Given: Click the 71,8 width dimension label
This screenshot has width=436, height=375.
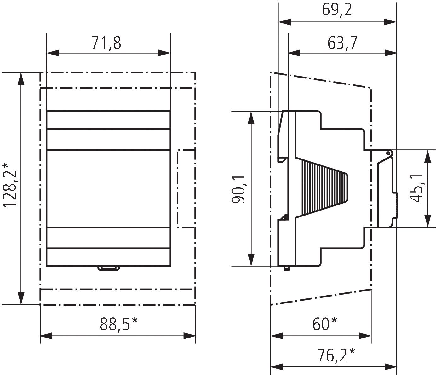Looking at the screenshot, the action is [106, 43].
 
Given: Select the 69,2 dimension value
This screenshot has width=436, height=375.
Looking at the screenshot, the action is [337, 10].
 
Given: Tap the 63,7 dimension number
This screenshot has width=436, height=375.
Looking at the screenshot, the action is [342, 43].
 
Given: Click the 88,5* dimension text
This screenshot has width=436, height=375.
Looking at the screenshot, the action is [119, 324].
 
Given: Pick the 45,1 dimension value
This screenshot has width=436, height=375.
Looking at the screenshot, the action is [416, 188].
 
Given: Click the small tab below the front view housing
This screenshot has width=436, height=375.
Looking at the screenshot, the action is [109, 268].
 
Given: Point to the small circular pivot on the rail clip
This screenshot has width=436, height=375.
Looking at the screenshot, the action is [388, 153].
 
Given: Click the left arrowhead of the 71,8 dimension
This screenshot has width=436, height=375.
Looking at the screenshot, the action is [53, 53].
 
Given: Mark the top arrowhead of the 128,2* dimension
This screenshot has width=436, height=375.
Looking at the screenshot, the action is [21, 79].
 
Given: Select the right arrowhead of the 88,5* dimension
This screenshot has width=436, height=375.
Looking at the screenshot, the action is [189, 336].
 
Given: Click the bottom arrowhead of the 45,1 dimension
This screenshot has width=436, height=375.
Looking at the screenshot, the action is [427, 221].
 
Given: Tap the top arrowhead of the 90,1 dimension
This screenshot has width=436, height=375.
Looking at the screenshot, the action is [251, 117].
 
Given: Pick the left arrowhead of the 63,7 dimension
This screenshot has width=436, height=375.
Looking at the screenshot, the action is [294, 53].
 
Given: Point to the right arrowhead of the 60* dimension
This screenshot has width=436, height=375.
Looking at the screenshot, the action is [365, 336].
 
